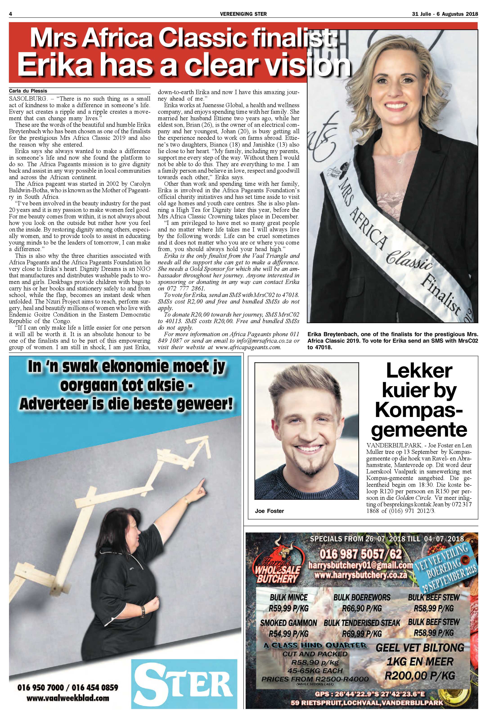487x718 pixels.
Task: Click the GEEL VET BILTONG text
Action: click(420, 648)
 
